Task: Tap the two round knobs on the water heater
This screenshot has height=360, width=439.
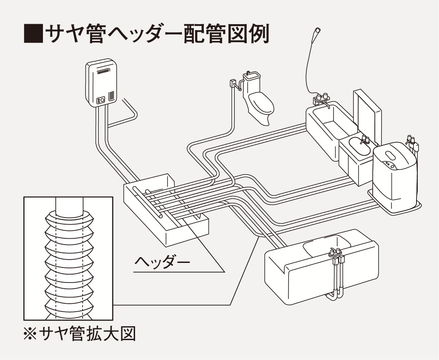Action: tap(101, 100)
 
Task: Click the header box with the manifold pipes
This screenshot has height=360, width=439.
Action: tap(166, 207)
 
